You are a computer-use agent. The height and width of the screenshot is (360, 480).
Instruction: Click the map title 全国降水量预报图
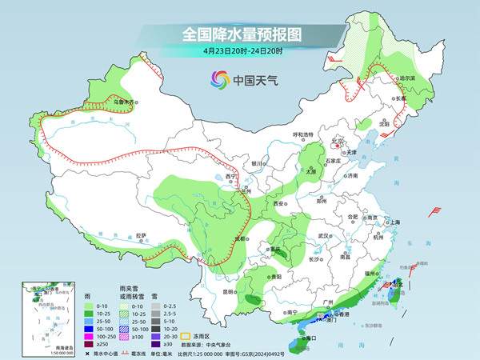pyautogui.click(x=241, y=35)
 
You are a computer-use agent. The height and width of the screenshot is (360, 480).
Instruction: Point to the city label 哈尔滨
pyautogui.click(x=407, y=78)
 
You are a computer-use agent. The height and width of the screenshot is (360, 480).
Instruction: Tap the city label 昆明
pyautogui.click(x=230, y=291)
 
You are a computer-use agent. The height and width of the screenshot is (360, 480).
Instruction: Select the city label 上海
pyautogui.click(x=393, y=222)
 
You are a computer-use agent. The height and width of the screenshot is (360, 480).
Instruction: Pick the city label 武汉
pyautogui.click(x=324, y=236)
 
